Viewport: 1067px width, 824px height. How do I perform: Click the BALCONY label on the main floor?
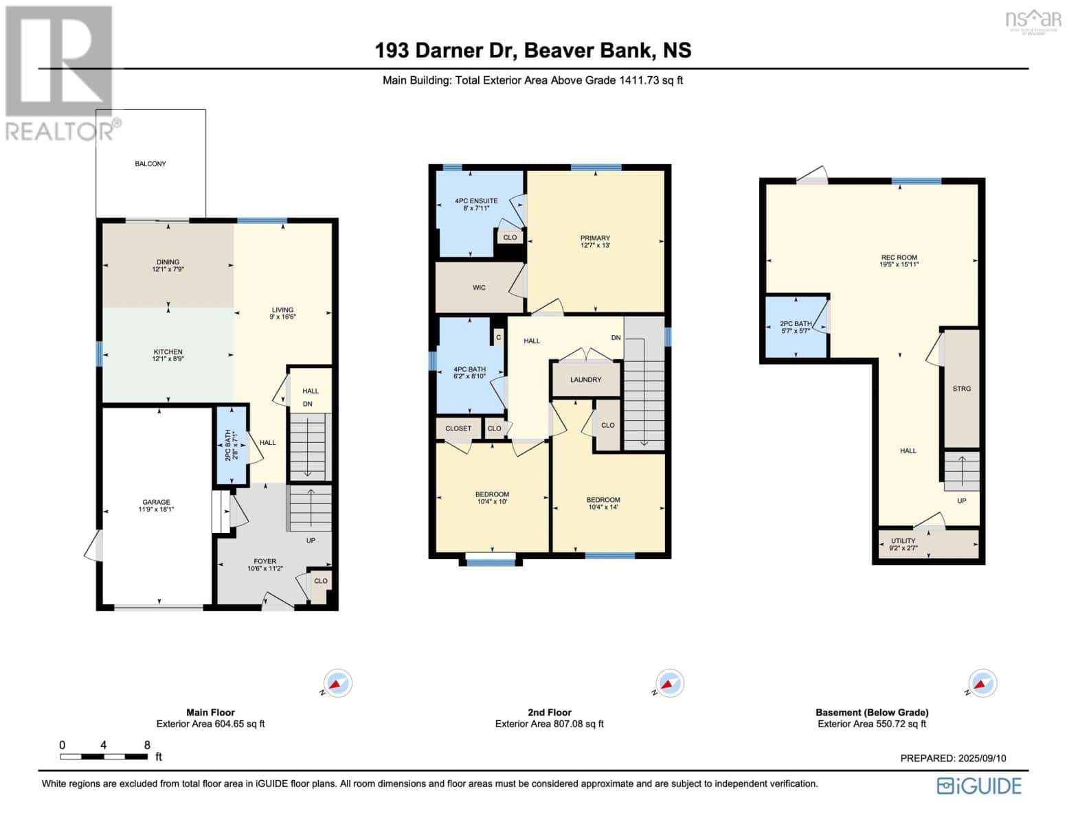[150, 163]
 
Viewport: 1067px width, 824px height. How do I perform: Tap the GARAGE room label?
[157, 502]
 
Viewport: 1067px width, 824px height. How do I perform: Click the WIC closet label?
[479, 287]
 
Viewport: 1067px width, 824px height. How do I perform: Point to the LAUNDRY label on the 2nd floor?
[585, 379]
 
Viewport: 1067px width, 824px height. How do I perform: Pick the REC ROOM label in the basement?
[899, 257]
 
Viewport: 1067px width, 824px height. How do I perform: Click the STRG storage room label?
[961, 389]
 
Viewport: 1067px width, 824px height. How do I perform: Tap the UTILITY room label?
[903, 540]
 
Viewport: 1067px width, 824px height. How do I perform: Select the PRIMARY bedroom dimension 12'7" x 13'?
[595, 245]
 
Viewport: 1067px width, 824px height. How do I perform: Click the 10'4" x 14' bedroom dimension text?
[603, 507]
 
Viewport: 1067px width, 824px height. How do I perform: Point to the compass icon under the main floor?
[337, 683]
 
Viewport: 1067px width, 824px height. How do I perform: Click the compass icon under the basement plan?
[982, 683]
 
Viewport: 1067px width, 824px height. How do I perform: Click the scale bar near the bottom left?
[104, 756]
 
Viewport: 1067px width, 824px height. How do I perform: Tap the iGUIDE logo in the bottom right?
[979, 786]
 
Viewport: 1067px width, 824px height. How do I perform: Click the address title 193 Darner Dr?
[533, 50]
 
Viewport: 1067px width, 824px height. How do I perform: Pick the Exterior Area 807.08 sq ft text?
[549, 724]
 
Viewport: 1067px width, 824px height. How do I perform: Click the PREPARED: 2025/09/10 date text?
[953, 758]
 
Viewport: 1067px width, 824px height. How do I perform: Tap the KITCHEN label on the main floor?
[168, 352]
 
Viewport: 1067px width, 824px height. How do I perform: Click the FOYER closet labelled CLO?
[320, 580]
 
